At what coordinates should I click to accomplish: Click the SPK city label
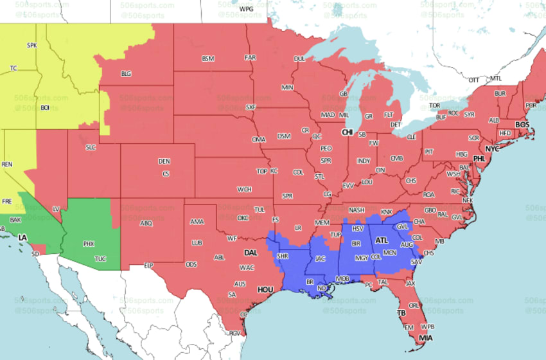[x=32, y=46]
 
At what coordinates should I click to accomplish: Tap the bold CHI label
[x=348, y=132]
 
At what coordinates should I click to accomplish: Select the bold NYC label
[x=492, y=149]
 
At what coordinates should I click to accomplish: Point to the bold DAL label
[x=251, y=253]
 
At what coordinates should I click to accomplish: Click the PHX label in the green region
[x=89, y=244]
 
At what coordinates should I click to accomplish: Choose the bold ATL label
[x=382, y=240]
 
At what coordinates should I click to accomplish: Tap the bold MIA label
[x=425, y=338]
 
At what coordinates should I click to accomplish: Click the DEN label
[x=164, y=161]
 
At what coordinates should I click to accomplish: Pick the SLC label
[x=91, y=147]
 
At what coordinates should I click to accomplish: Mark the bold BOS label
[x=522, y=124]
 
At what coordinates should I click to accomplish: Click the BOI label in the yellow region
[x=45, y=107]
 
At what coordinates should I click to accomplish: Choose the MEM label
[x=322, y=222]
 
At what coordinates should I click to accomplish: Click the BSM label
[x=207, y=59]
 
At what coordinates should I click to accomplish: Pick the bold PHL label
[x=479, y=158]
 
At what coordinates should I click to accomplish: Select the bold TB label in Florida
[x=401, y=314]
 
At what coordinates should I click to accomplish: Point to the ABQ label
[x=146, y=223]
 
